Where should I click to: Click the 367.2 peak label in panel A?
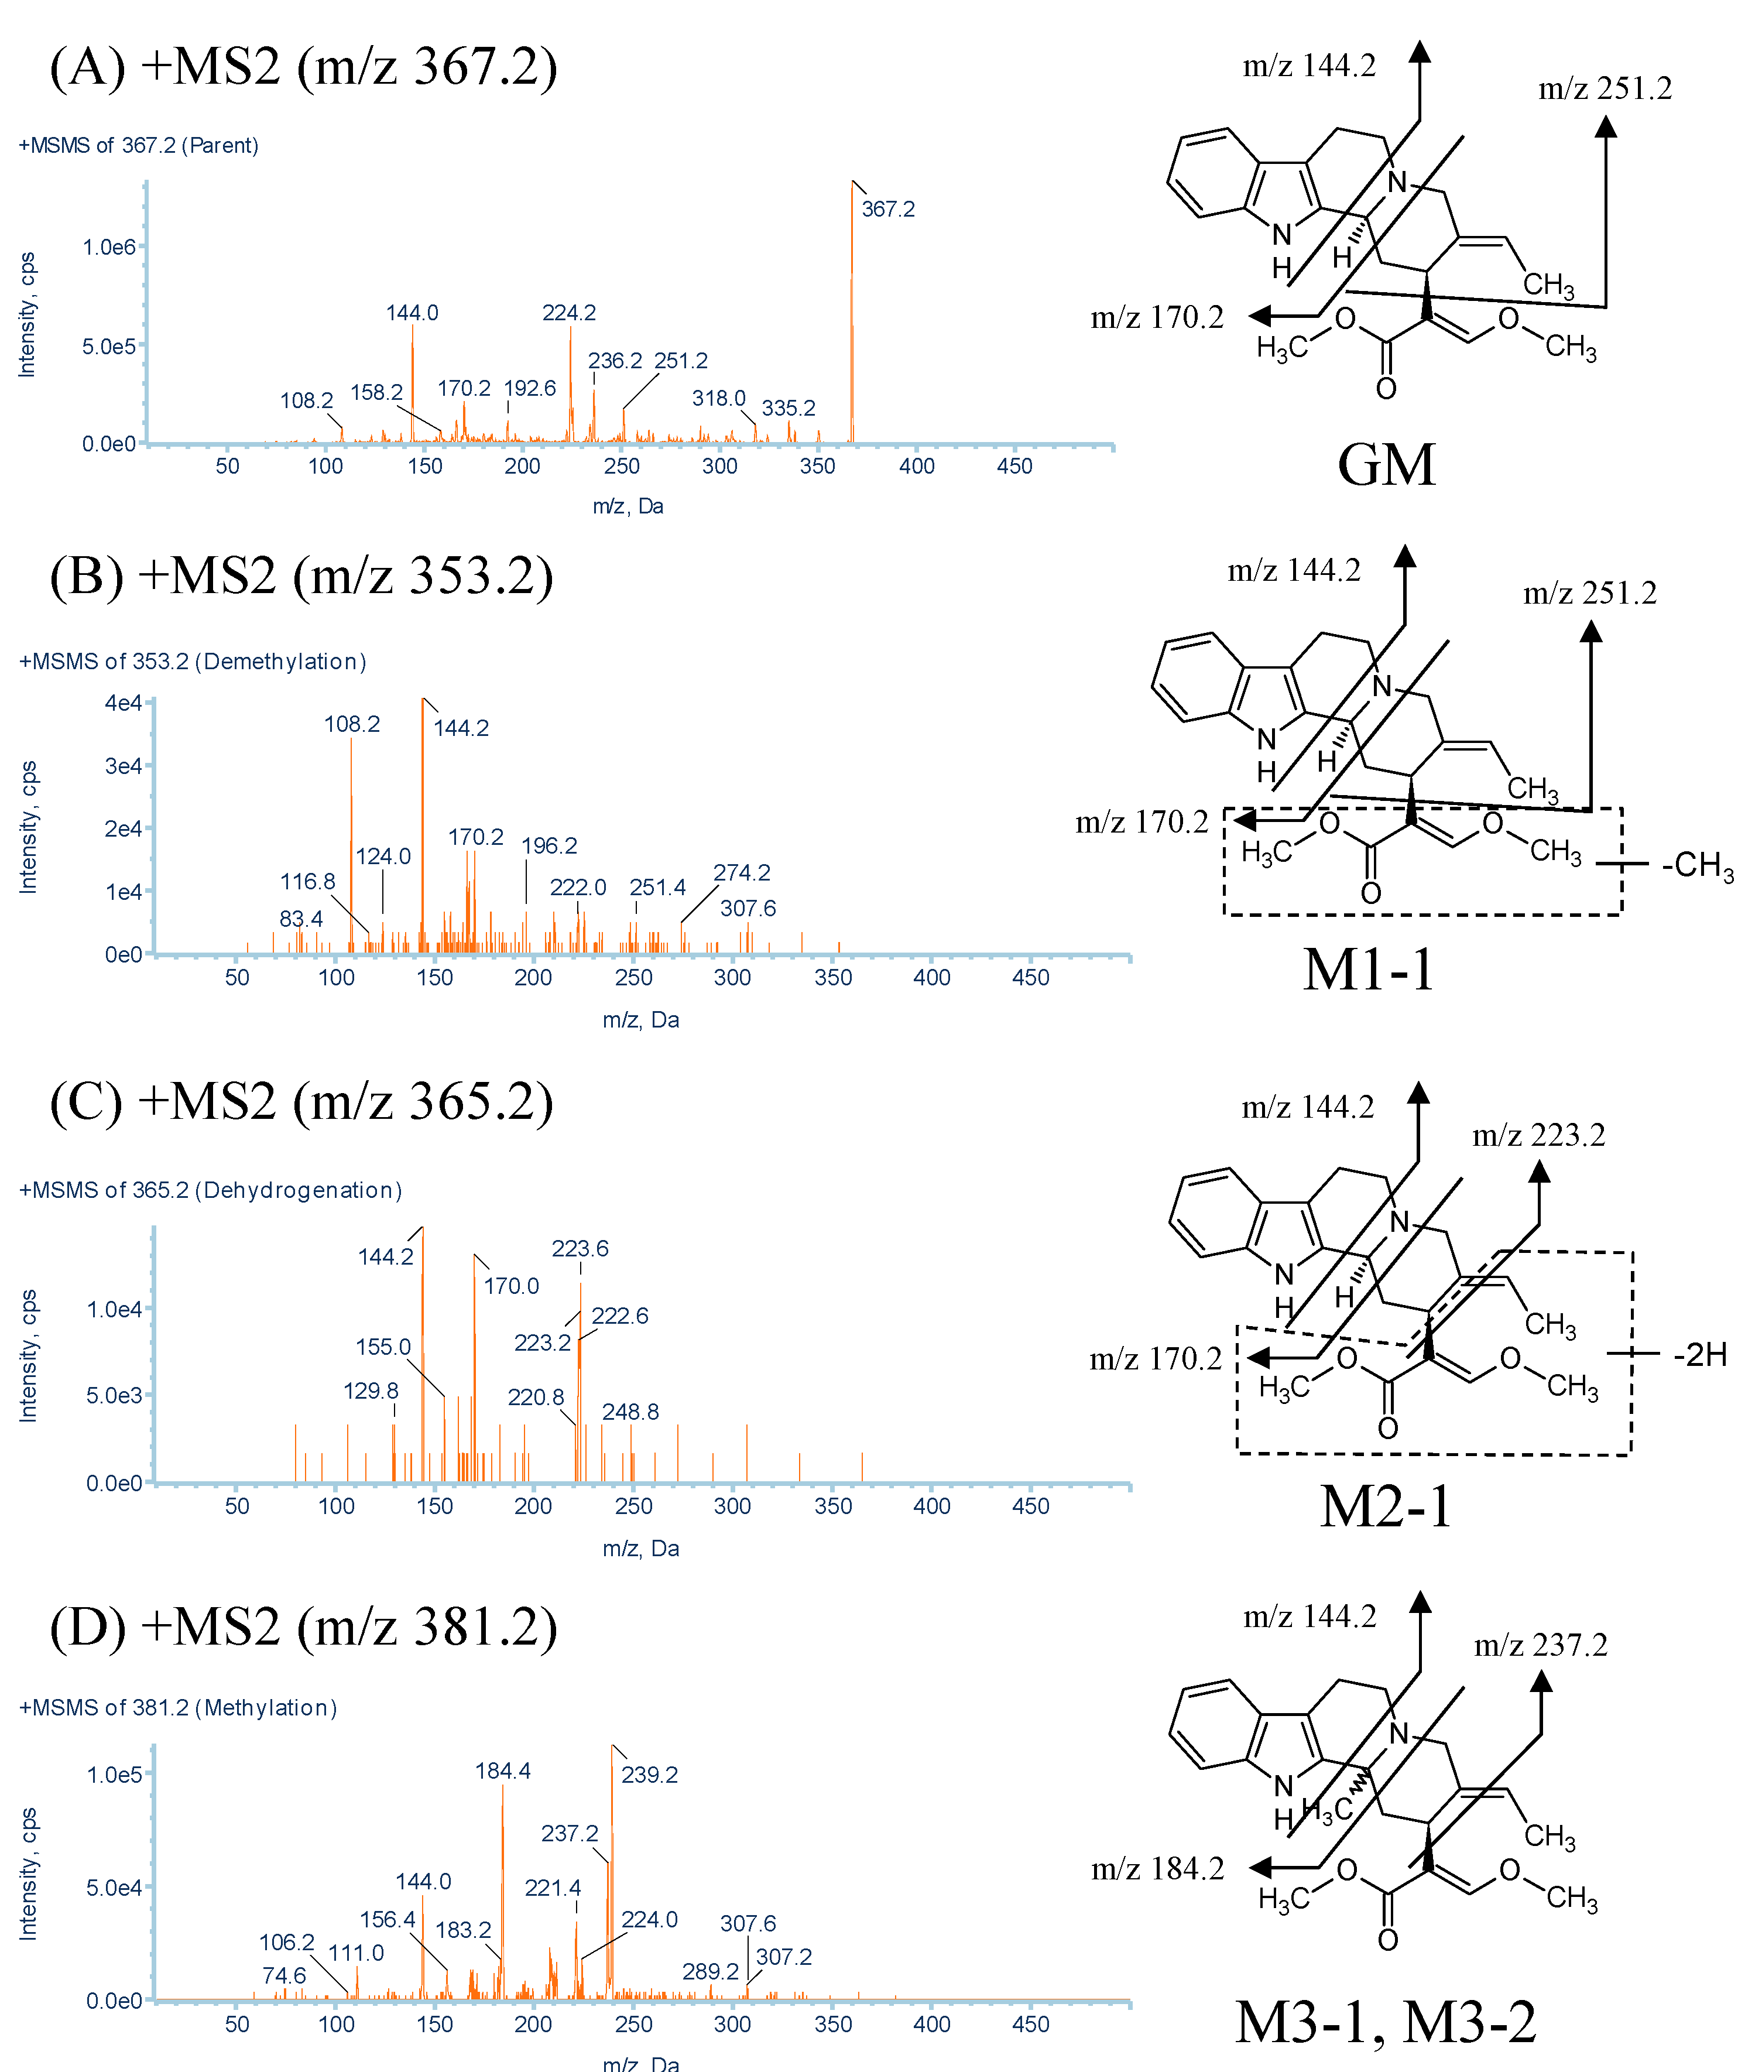888,209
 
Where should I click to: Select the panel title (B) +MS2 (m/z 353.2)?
301,576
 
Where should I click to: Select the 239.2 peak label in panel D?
649,1775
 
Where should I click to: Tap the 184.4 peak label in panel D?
502,1770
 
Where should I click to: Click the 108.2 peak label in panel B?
352,723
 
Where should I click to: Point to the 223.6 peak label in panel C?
580,1248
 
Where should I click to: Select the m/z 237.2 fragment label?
1540,1645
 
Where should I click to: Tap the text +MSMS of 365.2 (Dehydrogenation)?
210,1190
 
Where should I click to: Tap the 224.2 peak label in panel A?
568,313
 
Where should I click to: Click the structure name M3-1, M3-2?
1386,2022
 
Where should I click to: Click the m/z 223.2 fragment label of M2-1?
1538,1135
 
